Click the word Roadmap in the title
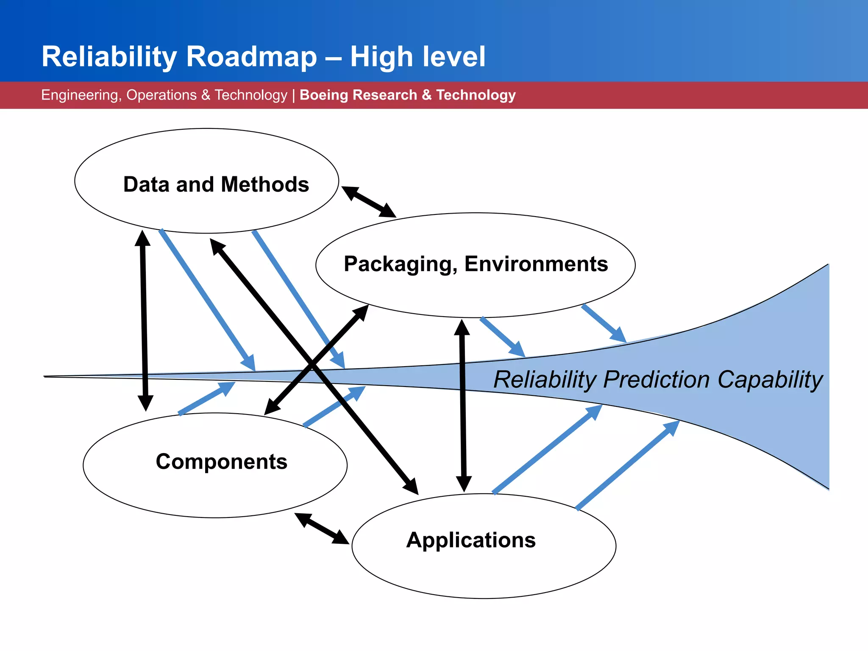coord(251,57)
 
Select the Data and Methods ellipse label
coord(216,184)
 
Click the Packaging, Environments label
coord(476,264)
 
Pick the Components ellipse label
coord(221,462)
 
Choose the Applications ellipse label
coord(471,540)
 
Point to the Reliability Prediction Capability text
coord(657,379)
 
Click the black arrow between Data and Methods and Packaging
coord(368,202)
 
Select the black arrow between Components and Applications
coord(322,529)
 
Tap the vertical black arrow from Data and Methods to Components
coord(144,320)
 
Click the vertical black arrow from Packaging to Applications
coord(463,405)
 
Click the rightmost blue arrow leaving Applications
coord(627,465)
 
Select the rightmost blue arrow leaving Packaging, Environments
coord(604,323)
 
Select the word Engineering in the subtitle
coord(80,95)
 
